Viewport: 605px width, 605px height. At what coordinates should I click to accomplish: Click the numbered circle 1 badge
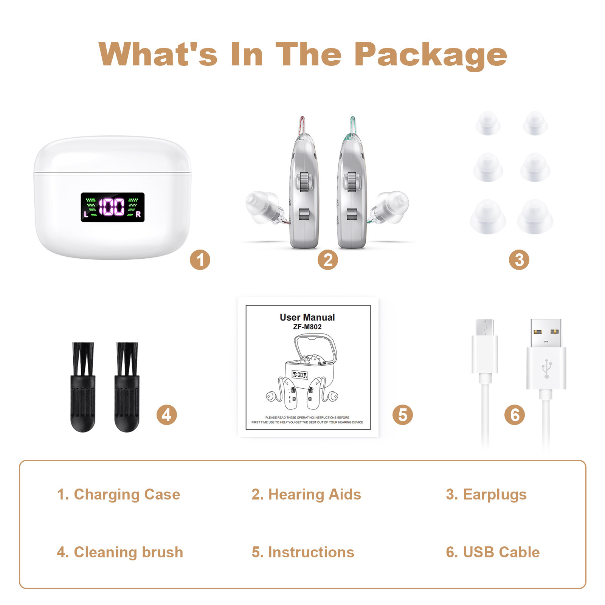click(200, 260)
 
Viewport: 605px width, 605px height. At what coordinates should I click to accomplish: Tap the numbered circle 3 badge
click(519, 260)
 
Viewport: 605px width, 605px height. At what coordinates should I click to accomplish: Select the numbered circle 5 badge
click(403, 415)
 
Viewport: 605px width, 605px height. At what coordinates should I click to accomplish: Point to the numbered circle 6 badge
click(515, 415)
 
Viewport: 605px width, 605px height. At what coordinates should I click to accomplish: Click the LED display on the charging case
click(113, 207)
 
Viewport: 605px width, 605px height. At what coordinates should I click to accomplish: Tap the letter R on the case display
click(138, 214)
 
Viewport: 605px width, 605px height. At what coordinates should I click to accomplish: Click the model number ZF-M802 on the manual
click(307, 327)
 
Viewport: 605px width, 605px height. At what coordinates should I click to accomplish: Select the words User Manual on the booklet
click(307, 317)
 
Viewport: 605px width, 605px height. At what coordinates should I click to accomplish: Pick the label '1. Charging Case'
click(118, 495)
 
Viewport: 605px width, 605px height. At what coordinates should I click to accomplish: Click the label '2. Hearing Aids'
click(306, 495)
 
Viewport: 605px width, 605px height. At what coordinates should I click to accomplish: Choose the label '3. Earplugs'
click(486, 495)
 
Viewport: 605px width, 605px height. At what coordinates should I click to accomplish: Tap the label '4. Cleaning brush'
click(120, 552)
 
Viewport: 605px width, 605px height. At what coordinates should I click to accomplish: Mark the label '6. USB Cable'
click(493, 552)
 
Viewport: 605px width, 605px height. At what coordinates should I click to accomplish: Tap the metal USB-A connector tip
click(546, 333)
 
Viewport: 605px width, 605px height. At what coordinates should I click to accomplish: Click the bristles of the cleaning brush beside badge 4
click(127, 359)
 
